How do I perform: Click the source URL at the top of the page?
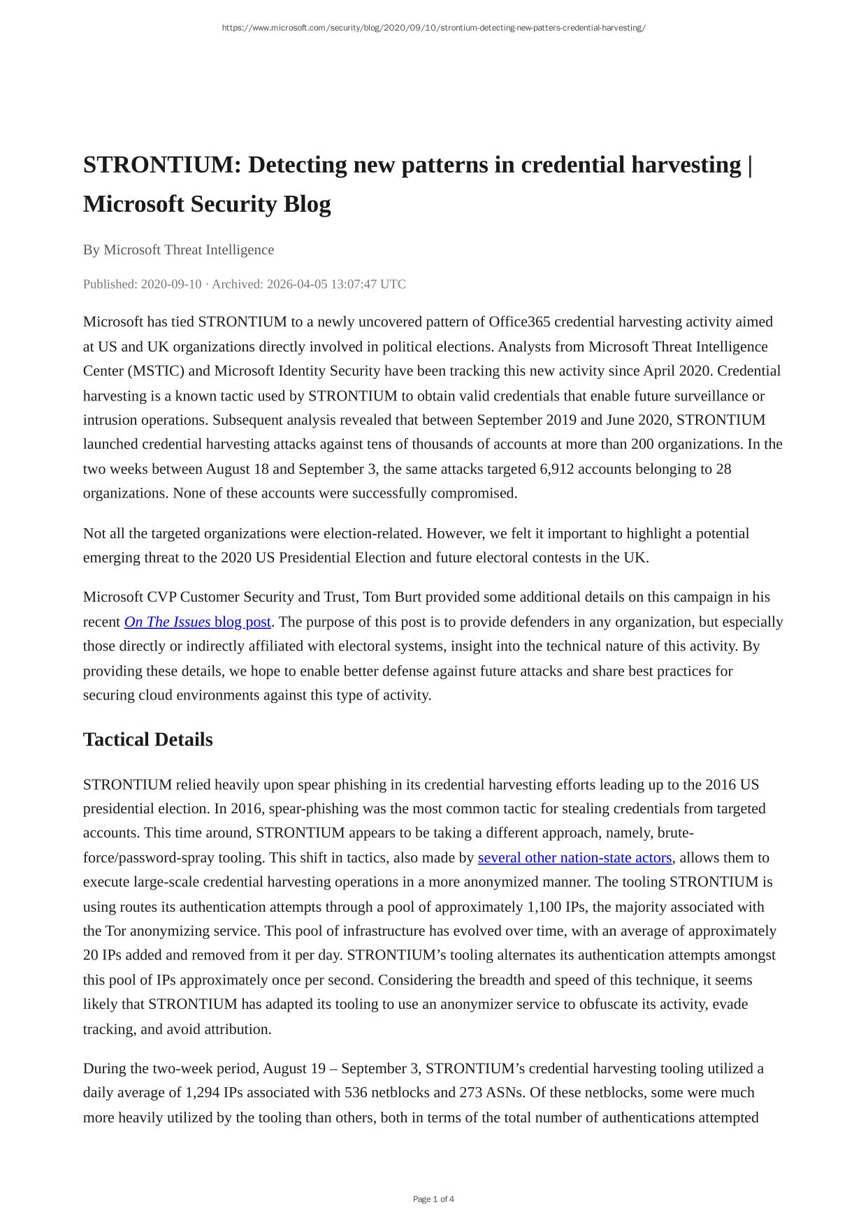tap(433, 28)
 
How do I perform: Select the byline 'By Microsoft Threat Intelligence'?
tap(178, 250)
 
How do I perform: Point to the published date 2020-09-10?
tap(171, 284)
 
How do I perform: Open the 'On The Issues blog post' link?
tap(197, 622)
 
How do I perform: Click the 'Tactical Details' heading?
tap(147, 740)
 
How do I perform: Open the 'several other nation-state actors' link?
tap(574, 858)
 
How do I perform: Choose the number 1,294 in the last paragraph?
tap(202, 1093)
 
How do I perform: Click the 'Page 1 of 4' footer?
tap(433, 1199)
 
